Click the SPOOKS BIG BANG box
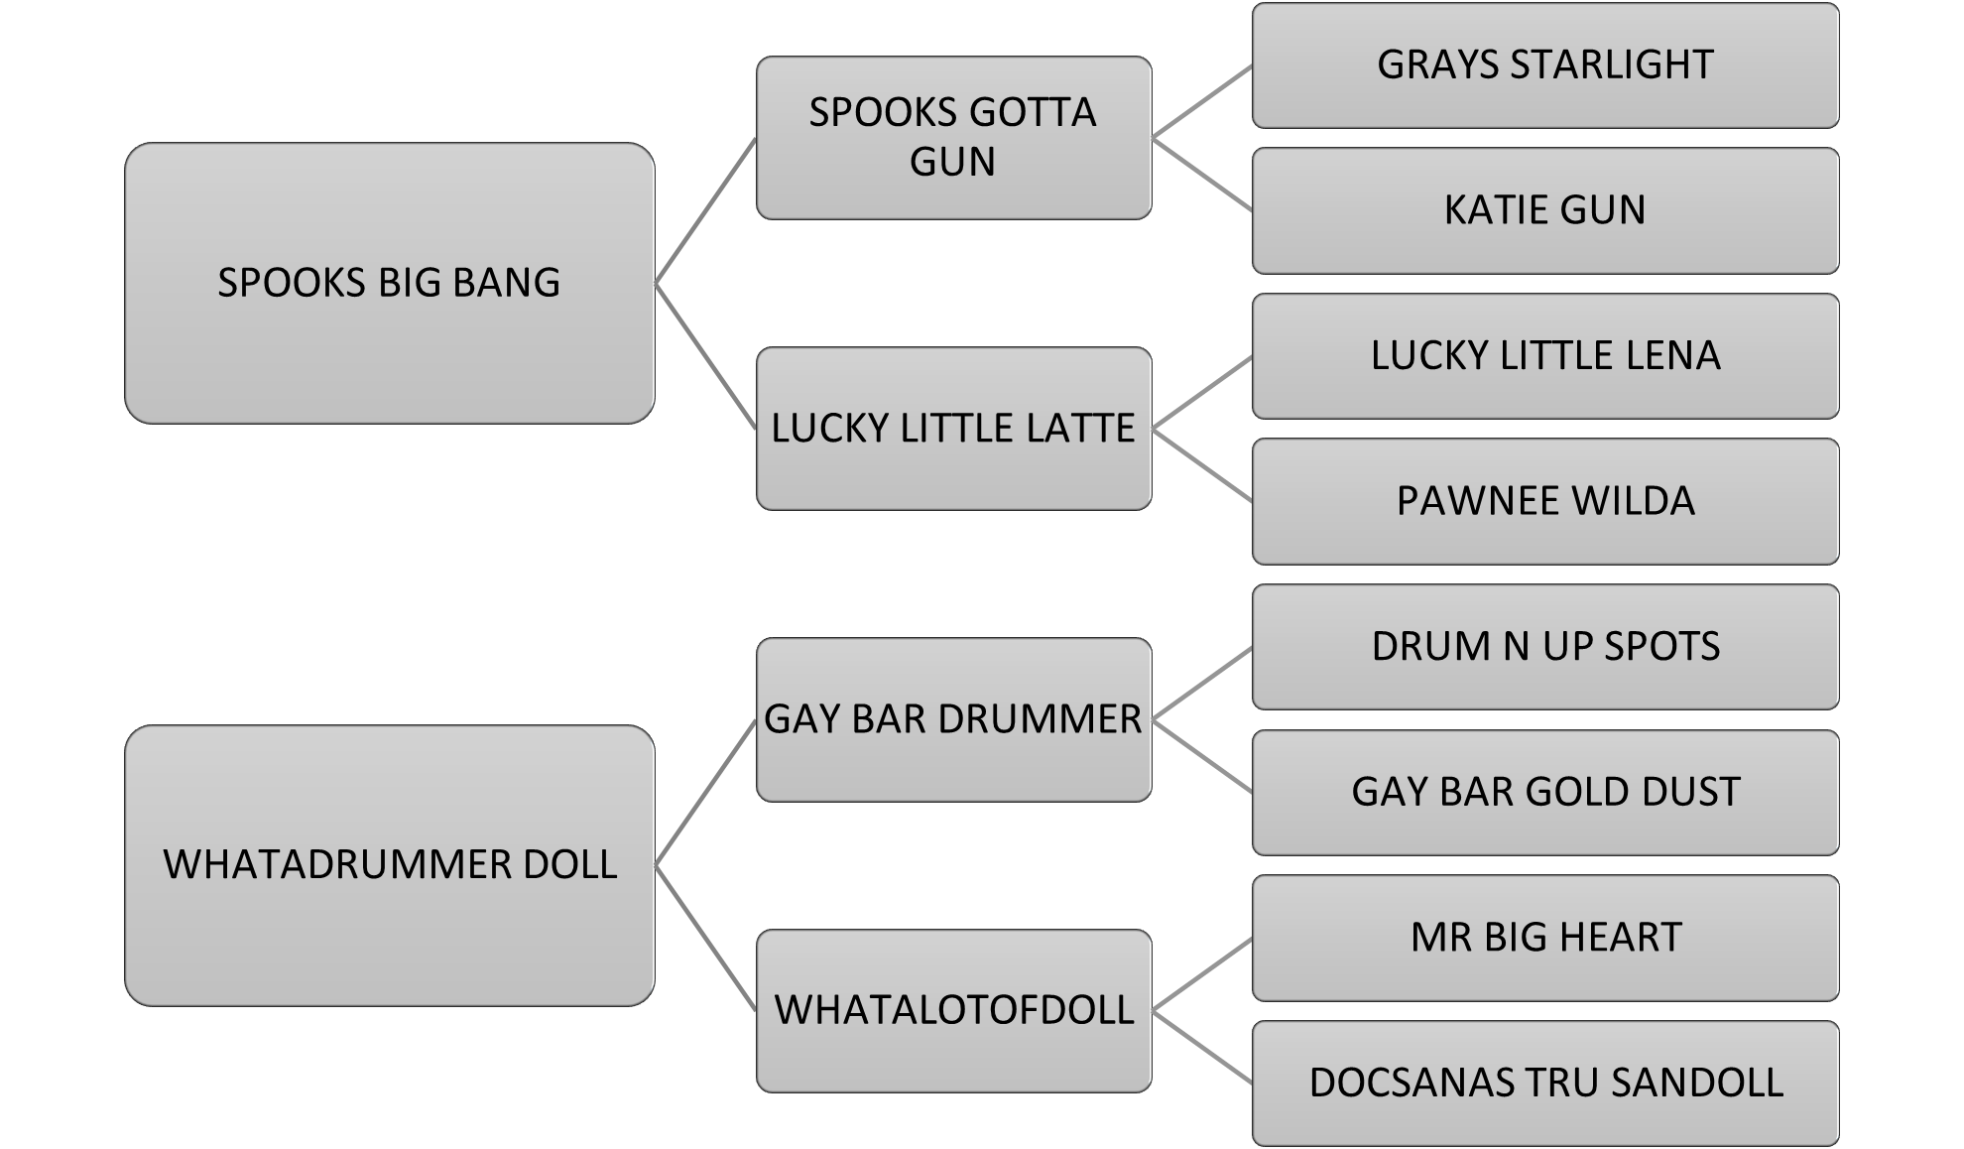pyautogui.click(x=389, y=283)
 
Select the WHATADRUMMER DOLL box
pyautogui.click(x=389, y=864)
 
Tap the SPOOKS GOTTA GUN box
pyautogui.click(x=952, y=138)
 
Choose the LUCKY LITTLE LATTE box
pyautogui.click(x=952, y=428)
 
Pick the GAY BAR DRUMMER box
pyautogui.click(x=952, y=719)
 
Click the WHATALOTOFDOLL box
pyautogui.click(x=952, y=1010)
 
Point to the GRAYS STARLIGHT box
pyautogui.click(x=1544, y=65)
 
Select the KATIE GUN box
pyautogui.click(x=1544, y=210)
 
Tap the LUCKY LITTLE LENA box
pyautogui.click(x=1544, y=355)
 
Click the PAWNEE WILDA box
pyautogui.click(x=1544, y=501)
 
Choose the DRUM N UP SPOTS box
pyautogui.click(x=1544, y=646)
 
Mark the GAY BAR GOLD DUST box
pyautogui.click(x=1544, y=792)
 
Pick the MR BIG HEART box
pyautogui.click(x=1544, y=937)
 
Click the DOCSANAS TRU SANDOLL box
pyautogui.click(x=1544, y=1083)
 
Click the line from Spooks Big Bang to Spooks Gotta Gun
pyautogui.click(x=705, y=211)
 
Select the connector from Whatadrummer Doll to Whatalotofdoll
pyautogui.click(x=705, y=938)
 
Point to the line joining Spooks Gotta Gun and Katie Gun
pyautogui.click(x=1201, y=175)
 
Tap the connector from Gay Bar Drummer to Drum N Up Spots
pyautogui.click(x=1201, y=684)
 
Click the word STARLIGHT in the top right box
pyautogui.click(x=1611, y=65)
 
